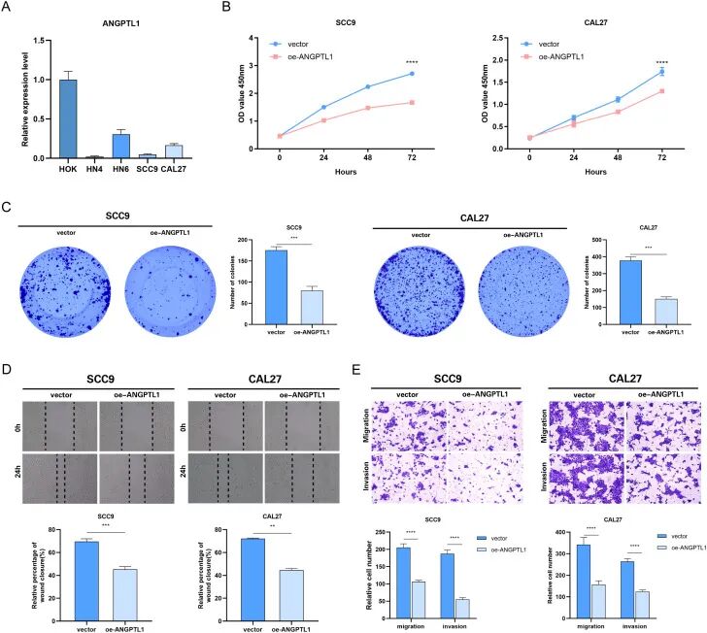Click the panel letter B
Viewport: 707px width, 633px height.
(x=226, y=8)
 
